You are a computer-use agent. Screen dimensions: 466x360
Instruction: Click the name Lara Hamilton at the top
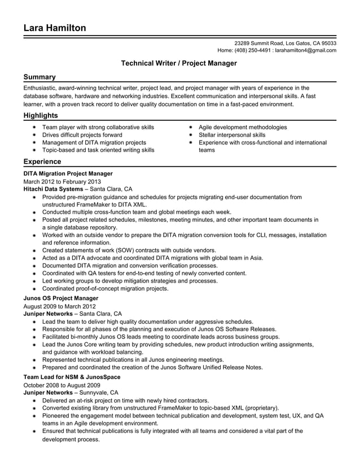point(55,28)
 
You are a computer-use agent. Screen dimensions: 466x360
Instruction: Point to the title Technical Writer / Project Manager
point(179,64)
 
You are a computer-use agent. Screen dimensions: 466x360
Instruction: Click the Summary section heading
point(39,77)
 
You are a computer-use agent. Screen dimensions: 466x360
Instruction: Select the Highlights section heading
point(41,116)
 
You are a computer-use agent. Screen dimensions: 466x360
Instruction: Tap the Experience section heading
point(42,162)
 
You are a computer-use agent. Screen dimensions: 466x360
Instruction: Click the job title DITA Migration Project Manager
point(68,174)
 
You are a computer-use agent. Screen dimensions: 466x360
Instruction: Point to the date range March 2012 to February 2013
point(62,182)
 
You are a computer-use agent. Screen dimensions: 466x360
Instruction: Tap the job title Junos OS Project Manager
point(61,298)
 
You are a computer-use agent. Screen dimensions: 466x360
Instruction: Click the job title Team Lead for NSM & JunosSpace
point(72,376)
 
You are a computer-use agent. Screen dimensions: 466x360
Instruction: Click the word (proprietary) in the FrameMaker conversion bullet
point(256,407)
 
